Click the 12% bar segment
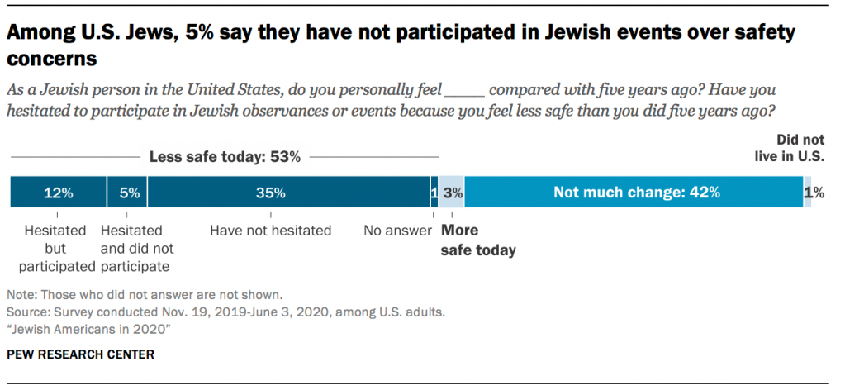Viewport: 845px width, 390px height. click(x=58, y=193)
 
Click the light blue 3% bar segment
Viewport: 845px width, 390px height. click(x=452, y=193)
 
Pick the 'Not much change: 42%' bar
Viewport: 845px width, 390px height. click(x=636, y=193)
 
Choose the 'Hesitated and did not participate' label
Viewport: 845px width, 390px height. click(x=135, y=248)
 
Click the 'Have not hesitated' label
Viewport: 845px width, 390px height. click(x=271, y=231)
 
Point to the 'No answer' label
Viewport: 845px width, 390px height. click(x=398, y=231)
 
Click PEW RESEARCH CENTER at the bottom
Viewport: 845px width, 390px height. click(x=80, y=354)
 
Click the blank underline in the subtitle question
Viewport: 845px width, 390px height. click(x=463, y=89)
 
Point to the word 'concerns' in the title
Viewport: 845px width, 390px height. click(x=52, y=60)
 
